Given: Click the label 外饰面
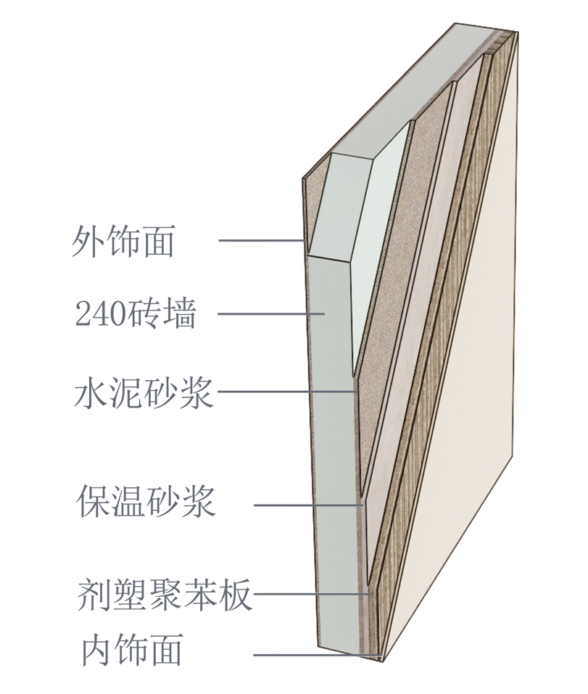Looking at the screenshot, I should tap(123, 241).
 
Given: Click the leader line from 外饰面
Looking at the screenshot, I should tap(261, 240).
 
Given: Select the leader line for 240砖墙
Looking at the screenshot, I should tap(268, 314).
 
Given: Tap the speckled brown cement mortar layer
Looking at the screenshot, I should tap(392, 290).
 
